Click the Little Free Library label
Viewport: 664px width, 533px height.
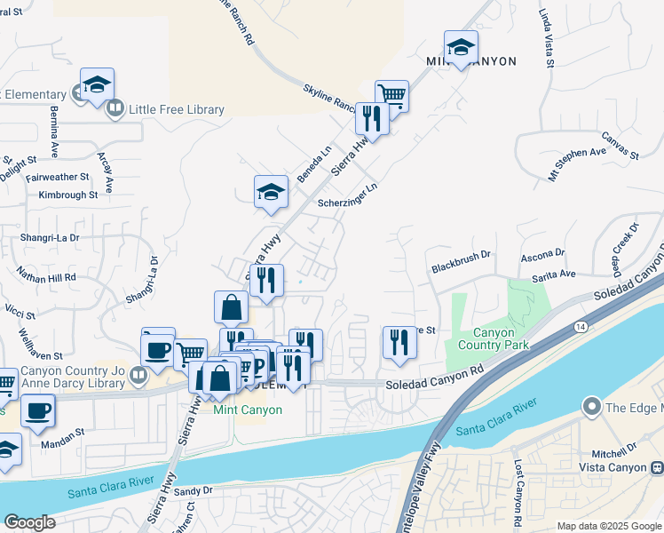click(176, 109)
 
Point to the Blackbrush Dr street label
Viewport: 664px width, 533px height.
click(461, 267)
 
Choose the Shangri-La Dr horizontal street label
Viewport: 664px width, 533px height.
click(51, 238)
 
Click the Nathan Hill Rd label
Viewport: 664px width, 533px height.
click(46, 277)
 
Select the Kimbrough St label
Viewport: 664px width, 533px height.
click(68, 195)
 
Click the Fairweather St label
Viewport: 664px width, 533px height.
click(58, 178)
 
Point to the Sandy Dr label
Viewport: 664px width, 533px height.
click(194, 490)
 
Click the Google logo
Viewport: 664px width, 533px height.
click(29, 521)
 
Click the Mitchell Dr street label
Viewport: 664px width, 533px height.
click(620, 449)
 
